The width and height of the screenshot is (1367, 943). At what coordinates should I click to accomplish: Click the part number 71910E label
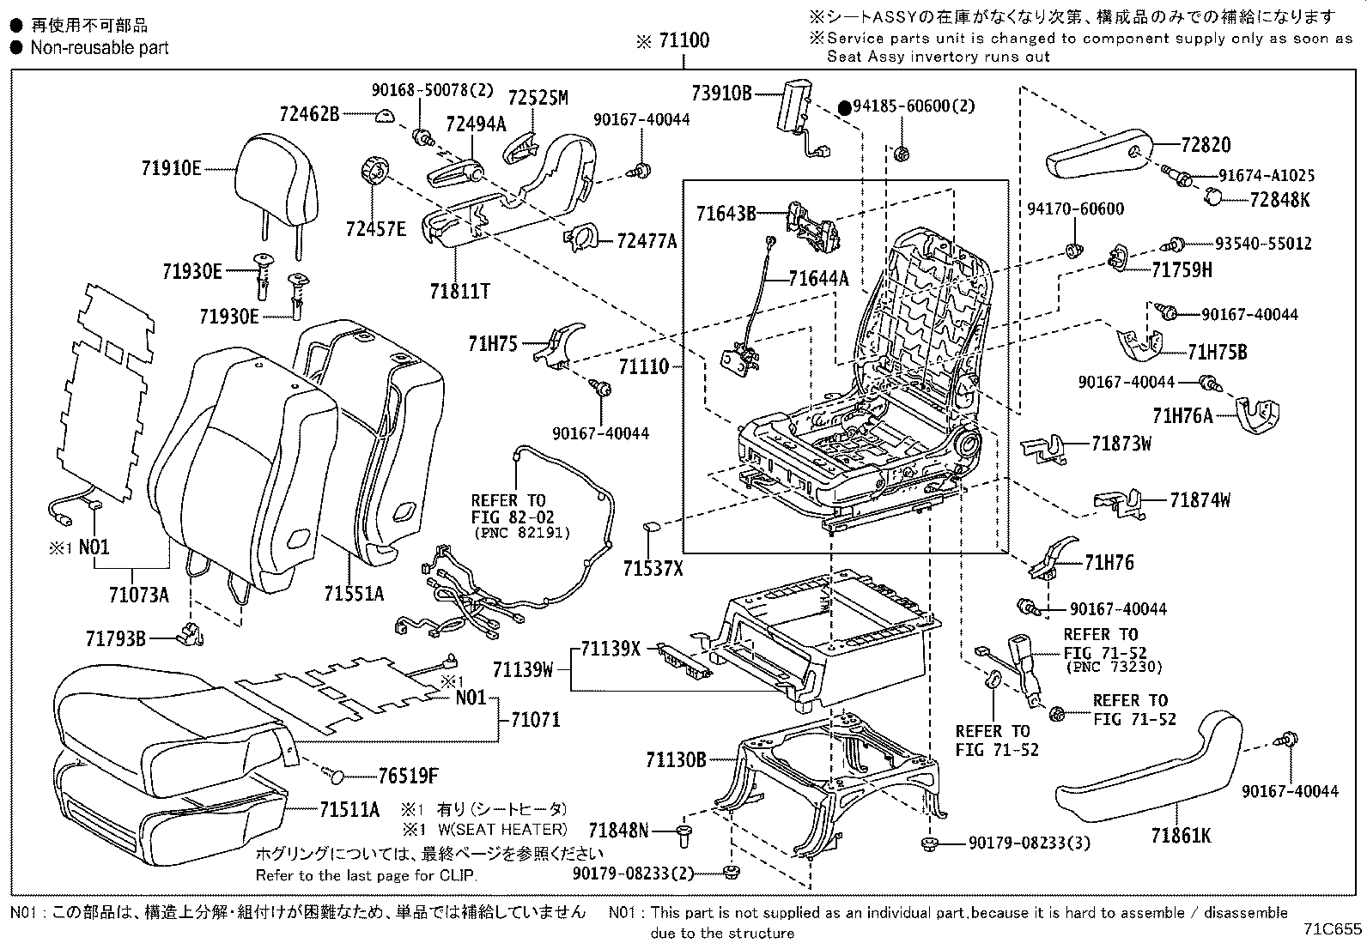171,168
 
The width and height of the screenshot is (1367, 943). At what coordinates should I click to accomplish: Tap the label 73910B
721,94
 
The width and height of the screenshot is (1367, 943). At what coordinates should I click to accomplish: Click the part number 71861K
1182,834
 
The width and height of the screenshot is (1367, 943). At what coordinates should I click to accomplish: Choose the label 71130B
676,759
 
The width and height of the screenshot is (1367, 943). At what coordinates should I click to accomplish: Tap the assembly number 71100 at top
683,40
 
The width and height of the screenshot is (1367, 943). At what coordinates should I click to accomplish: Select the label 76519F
408,777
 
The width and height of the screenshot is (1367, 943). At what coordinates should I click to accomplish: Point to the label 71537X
653,567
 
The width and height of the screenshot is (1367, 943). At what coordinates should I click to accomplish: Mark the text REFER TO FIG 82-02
513,510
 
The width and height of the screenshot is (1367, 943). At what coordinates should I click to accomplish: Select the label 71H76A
1182,416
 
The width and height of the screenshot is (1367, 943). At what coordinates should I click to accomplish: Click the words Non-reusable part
100,48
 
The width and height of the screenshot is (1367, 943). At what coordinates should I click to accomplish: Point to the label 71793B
116,638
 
